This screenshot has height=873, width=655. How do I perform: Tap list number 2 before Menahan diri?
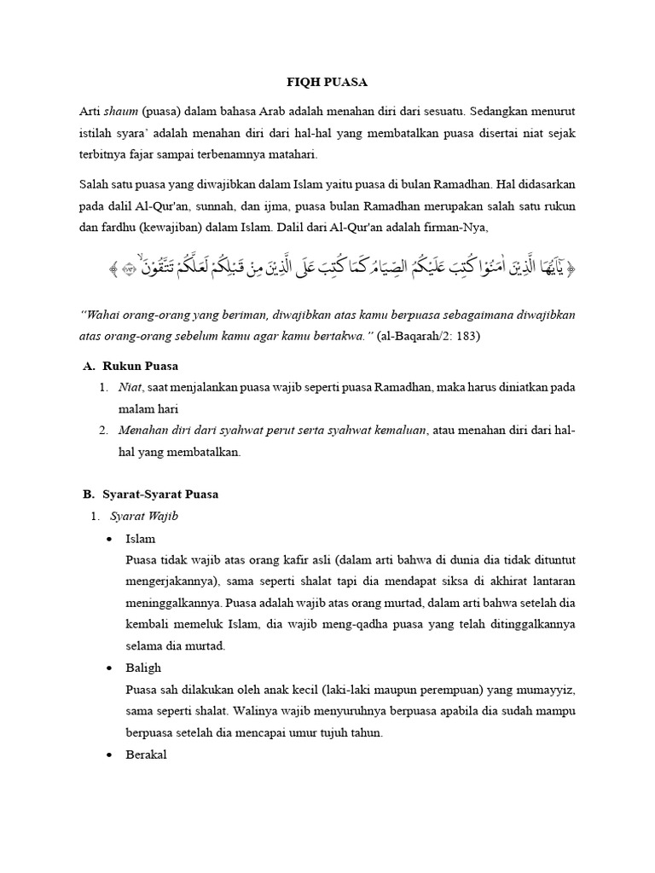click(103, 431)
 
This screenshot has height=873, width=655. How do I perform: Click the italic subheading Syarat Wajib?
click(144, 516)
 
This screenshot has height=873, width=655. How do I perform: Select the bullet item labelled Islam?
click(141, 539)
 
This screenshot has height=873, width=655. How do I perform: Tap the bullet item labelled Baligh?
click(143, 668)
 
